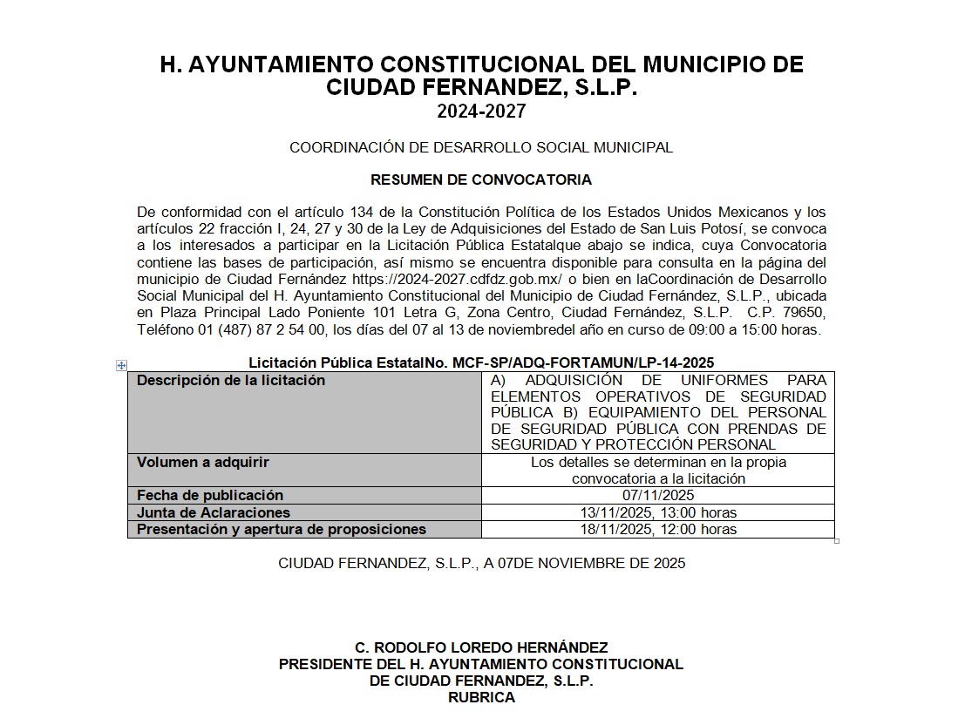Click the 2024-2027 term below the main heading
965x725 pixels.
coord(481,112)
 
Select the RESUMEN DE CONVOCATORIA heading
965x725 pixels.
coord(481,180)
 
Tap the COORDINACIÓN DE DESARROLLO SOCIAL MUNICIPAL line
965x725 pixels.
coord(481,148)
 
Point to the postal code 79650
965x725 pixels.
coord(807,312)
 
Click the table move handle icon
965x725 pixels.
coord(122,366)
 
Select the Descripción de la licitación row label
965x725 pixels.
coord(231,381)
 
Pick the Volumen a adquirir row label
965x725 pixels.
coord(203,463)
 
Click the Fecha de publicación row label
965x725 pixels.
coord(210,495)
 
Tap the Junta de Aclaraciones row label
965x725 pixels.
coord(214,512)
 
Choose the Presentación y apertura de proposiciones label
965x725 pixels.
coord(282,529)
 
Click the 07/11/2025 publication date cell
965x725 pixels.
coord(658,495)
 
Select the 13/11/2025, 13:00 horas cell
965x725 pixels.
coord(658,512)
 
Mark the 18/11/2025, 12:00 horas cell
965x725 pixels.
coord(658,529)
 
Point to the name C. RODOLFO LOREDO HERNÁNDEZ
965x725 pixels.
coord(481,647)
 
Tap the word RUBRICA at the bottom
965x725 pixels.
coord(481,697)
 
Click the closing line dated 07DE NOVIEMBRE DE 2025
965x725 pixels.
coord(481,563)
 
